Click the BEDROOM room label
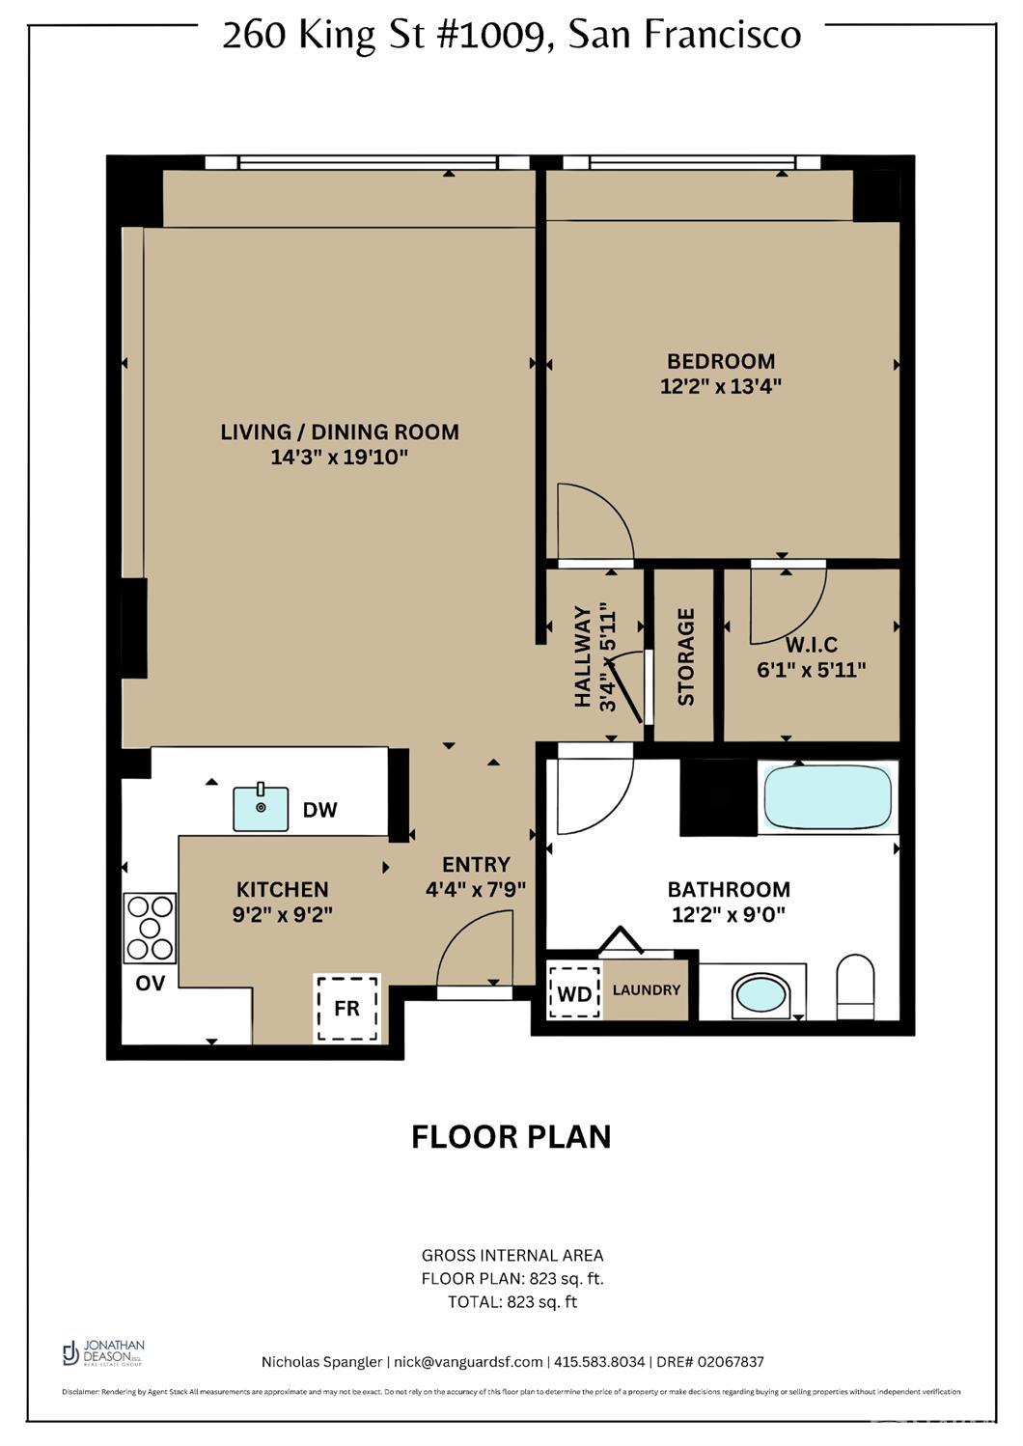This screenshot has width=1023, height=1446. (721, 361)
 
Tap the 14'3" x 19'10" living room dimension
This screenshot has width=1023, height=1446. (340, 457)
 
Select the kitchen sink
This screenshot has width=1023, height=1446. (261, 808)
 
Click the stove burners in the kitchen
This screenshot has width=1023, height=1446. (150, 928)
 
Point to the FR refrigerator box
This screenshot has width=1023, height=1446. (347, 1008)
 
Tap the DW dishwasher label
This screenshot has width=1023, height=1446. (319, 810)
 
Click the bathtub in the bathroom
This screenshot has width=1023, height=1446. (827, 797)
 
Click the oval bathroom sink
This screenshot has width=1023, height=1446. (761, 994)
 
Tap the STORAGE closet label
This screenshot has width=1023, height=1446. (686, 656)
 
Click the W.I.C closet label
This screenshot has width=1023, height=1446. (811, 645)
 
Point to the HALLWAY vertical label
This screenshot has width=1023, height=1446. (583, 656)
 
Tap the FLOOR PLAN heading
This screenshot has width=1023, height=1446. (511, 1136)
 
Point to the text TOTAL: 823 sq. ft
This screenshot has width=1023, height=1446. (511, 1301)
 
